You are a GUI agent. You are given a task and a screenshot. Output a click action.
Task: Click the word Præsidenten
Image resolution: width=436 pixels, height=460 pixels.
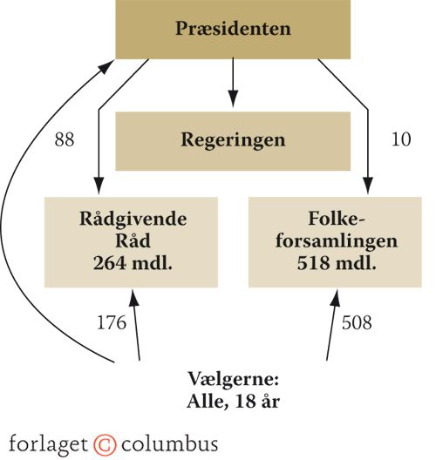pos(233,29)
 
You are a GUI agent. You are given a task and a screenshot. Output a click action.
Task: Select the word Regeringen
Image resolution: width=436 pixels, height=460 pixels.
pos(233,140)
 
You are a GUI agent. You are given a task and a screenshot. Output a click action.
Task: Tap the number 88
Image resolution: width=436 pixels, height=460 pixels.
pos(65,139)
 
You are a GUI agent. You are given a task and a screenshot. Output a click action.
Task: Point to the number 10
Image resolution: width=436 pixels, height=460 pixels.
pos(401,139)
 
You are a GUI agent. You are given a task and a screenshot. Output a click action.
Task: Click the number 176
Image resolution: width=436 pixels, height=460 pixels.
pos(112,322)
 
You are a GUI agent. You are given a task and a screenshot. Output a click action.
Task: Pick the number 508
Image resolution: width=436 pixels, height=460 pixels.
pos(357,322)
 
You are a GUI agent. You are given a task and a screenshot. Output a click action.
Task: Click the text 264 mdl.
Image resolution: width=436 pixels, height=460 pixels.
pos(133,263)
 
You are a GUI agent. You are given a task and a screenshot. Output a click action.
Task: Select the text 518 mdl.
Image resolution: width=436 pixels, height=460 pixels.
pos(337,263)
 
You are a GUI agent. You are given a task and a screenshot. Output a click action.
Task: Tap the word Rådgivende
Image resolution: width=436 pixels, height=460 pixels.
pos(133,220)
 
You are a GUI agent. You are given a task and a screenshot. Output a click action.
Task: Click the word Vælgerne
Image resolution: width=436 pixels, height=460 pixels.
pos(233,380)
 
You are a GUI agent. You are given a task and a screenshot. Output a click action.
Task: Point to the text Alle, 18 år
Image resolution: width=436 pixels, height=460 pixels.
pos(233,402)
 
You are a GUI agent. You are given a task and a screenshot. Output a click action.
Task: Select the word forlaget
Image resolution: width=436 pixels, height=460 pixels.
pos(49,444)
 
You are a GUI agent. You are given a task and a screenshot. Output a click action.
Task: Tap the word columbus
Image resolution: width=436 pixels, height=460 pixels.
pos(170,444)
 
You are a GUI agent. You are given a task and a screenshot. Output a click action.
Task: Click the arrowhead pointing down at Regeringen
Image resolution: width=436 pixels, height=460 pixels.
pos(233,98)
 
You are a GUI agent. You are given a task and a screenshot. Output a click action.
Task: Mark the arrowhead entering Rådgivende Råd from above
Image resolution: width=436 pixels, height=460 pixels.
pos(99,186)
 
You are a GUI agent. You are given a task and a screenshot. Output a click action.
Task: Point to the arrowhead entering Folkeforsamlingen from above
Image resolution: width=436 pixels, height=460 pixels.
pos(368,186)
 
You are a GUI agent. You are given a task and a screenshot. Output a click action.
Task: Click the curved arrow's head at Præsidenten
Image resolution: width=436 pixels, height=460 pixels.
pos(106,66)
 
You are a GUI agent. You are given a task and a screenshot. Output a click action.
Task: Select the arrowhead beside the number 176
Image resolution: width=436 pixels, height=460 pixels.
pos(134,298)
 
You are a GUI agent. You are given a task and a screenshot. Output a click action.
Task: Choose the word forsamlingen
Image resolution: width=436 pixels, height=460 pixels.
pos(337,241)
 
